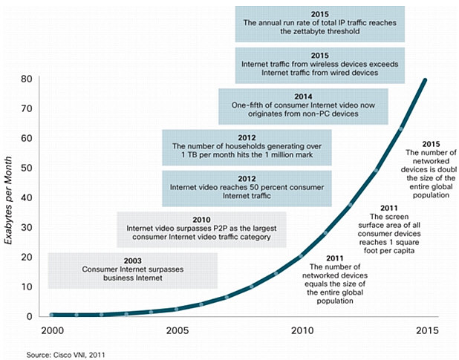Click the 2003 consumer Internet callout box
click(132, 270)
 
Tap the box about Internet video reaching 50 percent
click(246, 189)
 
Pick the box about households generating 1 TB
click(246, 147)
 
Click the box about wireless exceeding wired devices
click(320, 65)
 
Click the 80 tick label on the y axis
click(27, 78)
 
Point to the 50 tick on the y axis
click(27, 168)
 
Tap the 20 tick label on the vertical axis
click(27, 257)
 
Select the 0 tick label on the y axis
click(30, 316)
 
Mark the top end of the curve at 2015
click(426, 79)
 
